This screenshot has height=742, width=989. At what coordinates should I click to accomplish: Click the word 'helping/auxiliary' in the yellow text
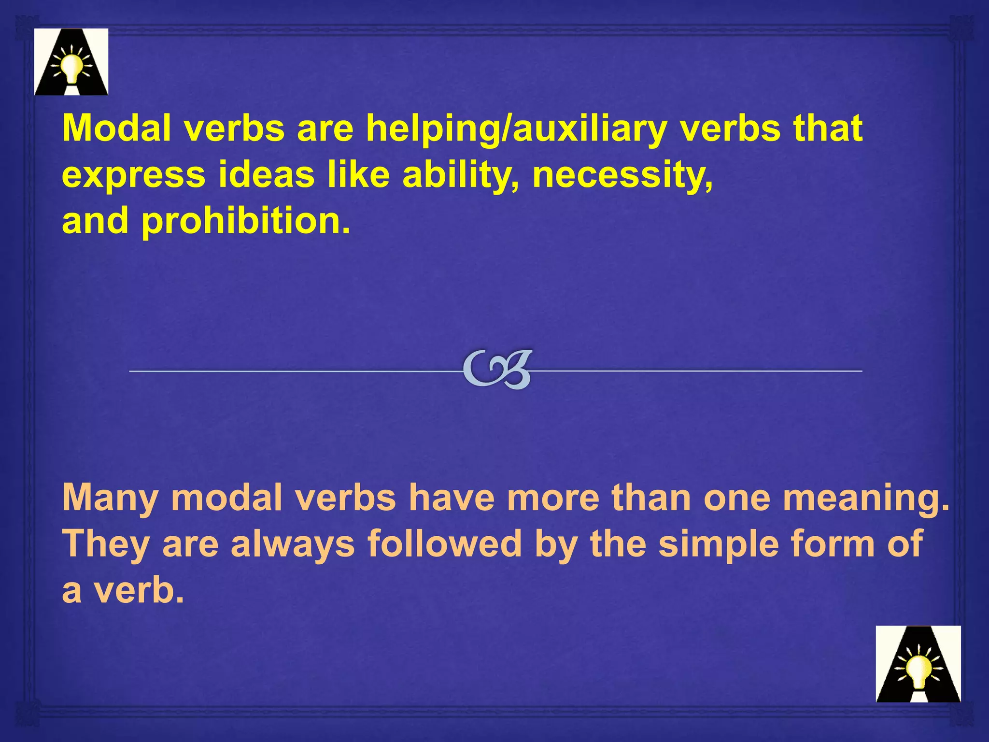coord(516,129)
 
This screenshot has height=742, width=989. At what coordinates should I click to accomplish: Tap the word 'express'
coord(134,176)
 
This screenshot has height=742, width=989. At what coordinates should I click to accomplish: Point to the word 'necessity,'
coord(622,175)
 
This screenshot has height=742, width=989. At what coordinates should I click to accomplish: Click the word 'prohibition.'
coord(245,222)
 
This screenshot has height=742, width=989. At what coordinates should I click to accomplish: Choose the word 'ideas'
coord(267,175)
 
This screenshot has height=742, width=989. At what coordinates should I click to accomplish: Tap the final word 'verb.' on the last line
coord(139,590)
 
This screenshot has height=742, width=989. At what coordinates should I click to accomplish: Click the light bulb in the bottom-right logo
coord(917,670)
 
